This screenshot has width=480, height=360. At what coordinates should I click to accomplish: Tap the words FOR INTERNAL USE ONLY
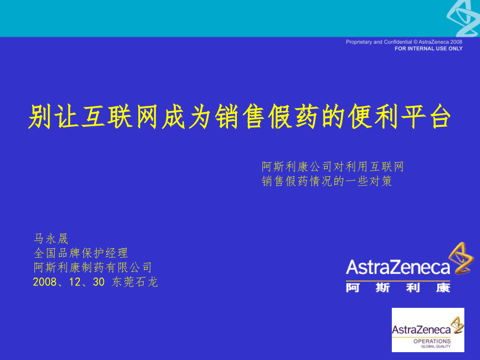pos(428,49)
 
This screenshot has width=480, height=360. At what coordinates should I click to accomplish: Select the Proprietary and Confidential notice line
pos(404,42)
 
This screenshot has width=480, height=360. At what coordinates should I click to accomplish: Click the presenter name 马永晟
pos(51,239)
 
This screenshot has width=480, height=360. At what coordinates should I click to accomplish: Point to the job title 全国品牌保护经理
pos(81,253)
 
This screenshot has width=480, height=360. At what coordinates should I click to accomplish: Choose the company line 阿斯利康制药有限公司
pos(93,268)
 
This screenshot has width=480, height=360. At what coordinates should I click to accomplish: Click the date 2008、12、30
pos(69,282)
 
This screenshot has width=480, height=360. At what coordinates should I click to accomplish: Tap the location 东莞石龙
pos(135,282)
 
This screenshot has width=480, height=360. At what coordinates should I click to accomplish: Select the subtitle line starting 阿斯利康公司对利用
pos(333,167)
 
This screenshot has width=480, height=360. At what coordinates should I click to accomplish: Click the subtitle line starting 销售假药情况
pos(327,182)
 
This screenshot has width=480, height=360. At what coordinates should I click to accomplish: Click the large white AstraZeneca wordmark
pos(398,268)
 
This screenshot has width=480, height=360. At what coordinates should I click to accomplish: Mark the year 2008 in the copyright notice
pos(457,42)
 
